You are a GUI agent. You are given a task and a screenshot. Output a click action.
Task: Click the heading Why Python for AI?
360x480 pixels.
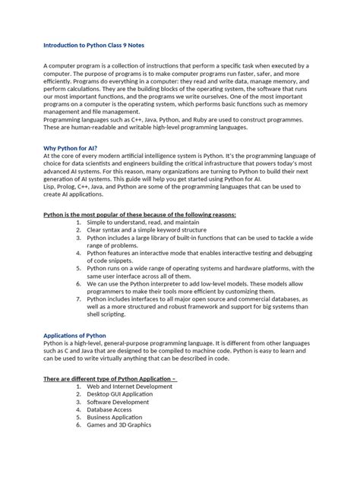[71, 148]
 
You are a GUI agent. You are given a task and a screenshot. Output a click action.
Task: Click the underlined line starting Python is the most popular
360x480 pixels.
[140, 215]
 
